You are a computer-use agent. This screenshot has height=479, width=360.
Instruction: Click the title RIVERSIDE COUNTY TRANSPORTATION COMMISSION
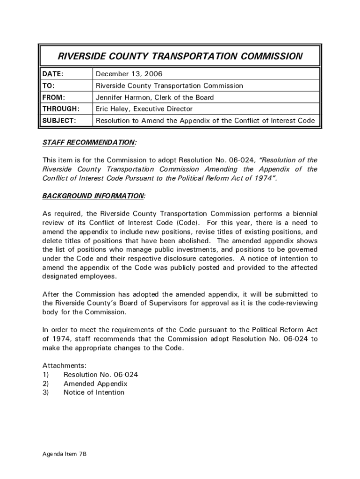pos(180,57)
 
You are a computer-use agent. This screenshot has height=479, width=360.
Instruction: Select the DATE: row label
pos(53,74)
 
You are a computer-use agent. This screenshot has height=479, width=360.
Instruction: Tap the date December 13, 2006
pos(129,74)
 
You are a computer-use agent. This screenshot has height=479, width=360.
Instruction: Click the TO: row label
pos(48,86)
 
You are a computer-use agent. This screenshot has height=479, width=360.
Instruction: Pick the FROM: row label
pos(54,98)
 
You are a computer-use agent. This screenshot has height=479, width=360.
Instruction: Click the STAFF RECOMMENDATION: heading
pos(90,142)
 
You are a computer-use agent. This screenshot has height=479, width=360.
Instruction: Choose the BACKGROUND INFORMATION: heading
pos(94,196)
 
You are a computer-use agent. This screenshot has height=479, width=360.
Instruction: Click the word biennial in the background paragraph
pos(303,214)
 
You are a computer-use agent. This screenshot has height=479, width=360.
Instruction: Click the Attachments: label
pos(65,366)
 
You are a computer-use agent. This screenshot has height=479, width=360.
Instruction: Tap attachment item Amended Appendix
pos(95,384)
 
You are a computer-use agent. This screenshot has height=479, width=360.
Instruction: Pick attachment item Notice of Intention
pos(94,392)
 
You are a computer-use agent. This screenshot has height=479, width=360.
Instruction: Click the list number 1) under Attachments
pos(46,375)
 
